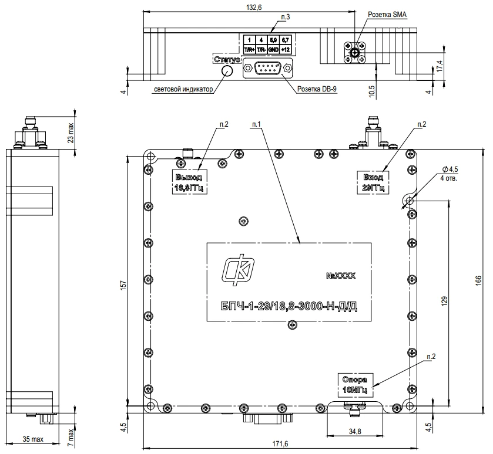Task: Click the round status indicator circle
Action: (x=226, y=71)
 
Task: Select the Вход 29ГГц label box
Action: (x=373, y=182)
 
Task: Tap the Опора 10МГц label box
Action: (x=354, y=384)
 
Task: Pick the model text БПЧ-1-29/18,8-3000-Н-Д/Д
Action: (x=289, y=306)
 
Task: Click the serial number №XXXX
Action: (x=340, y=275)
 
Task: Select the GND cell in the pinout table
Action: (x=274, y=50)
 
